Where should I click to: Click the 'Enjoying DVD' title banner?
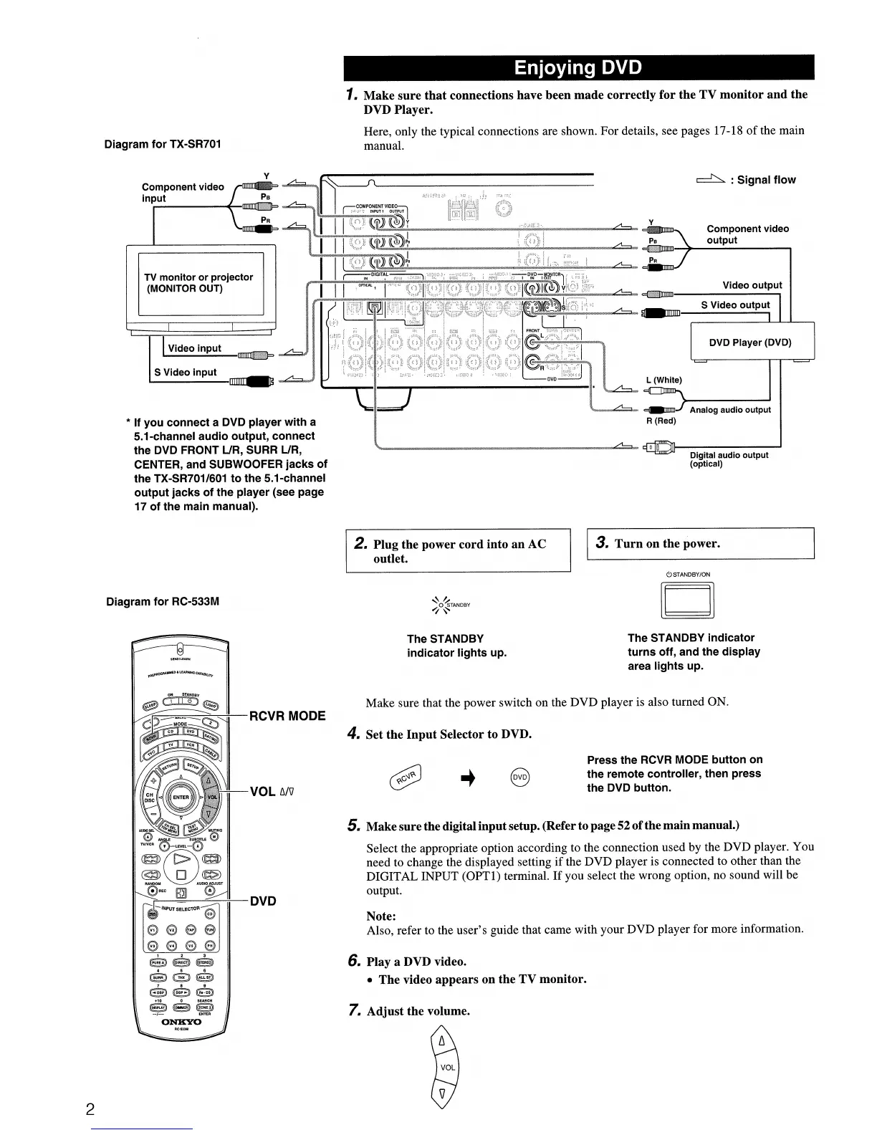[x=578, y=68]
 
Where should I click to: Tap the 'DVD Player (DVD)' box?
[x=750, y=343]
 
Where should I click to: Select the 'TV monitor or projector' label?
[x=198, y=283]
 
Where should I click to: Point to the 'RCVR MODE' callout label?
[x=287, y=716]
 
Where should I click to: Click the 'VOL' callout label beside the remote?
[x=272, y=791]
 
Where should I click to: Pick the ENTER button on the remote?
[x=180, y=797]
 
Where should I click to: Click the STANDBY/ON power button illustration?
[x=688, y=600]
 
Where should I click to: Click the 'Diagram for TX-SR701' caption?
[x=163, y=144]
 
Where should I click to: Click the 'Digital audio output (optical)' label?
[x=728, y=459]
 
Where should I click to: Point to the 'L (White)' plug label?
[x=663, y=380]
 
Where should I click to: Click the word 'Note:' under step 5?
[x=380, y=916]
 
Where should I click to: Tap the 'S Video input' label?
[x=186, y=372]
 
